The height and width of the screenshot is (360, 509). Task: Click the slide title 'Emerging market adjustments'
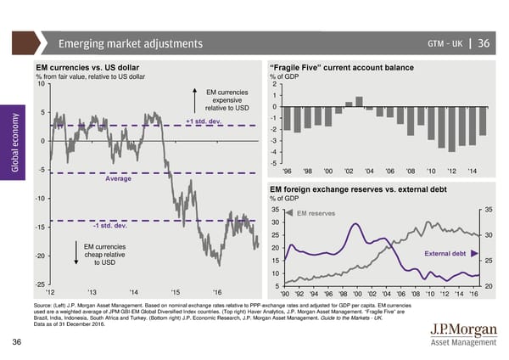click(130, 44)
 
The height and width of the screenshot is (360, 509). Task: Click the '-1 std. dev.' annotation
click(109, 225)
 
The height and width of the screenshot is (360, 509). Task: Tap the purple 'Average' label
click(118, 178)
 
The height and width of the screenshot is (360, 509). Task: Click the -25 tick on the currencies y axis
click(39, 283)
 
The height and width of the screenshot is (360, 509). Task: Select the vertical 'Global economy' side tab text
click(12, 145)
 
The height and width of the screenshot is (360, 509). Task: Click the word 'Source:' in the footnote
click(47, 304)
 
